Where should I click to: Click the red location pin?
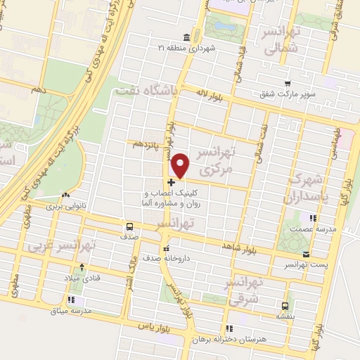click(181, 166)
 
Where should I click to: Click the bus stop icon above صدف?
click(129, 227)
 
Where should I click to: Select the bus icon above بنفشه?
click(285, 307)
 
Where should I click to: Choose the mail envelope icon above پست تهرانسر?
click(305, 254)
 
